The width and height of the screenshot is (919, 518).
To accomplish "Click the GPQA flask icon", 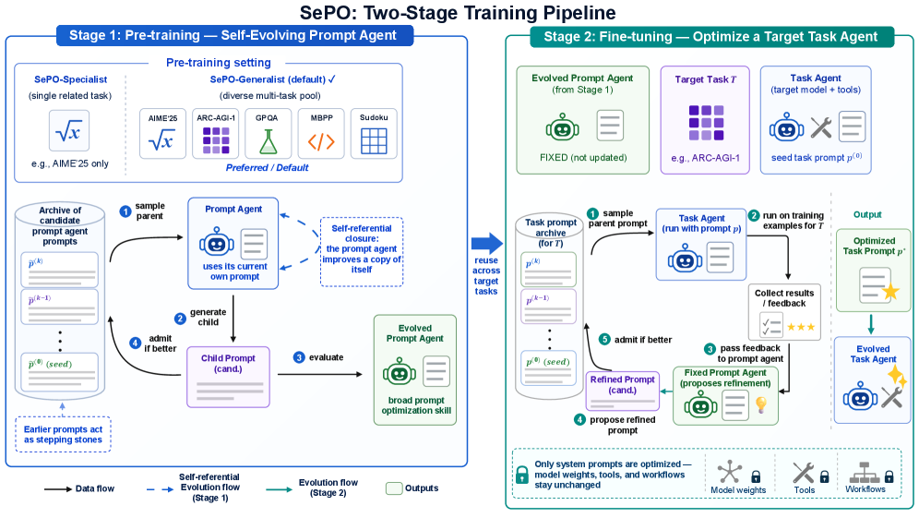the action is pos(268,141).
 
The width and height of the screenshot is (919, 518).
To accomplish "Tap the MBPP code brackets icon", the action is pos(321,141).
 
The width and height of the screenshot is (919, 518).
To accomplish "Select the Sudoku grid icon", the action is pos(374,140).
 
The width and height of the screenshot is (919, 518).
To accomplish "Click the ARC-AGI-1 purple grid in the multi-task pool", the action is pos(216,140).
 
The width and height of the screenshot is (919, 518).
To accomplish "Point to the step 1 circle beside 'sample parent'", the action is pos(125,211).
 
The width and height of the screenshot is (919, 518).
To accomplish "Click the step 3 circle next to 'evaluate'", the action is pos(299,357).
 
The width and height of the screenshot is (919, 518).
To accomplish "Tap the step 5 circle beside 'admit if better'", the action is pos(604,339).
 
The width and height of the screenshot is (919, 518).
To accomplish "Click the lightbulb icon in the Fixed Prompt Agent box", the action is pos(760,404).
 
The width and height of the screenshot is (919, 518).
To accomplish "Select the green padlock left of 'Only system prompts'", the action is pos(522,474).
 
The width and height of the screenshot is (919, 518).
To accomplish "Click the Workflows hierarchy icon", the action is pos(865,473).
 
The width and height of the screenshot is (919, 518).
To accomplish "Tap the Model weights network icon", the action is pos(730,472).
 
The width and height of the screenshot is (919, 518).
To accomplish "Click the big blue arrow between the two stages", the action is pos(487,244).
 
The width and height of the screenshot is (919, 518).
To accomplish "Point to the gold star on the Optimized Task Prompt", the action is pos(890,291).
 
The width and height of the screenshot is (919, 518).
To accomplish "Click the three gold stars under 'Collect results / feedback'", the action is pos(801,328).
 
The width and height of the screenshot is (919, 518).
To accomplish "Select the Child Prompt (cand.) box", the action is pos(228,378).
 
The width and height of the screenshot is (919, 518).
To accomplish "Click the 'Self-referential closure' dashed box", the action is pos(362,252).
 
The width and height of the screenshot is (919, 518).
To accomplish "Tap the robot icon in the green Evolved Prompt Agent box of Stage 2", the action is pos(562,126).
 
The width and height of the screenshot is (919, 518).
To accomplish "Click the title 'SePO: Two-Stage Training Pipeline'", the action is pos(458,12).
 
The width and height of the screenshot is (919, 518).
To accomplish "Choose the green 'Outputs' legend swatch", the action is pos(394,488).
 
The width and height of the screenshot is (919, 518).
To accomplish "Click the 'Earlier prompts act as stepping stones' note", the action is pos(63,435).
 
